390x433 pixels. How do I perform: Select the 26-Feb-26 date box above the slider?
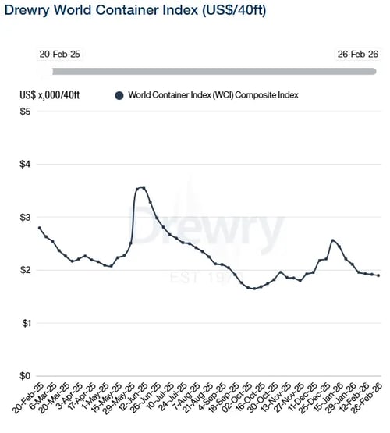358,55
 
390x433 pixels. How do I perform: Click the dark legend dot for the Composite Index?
119,95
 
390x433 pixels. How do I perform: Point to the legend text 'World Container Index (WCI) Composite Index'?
214,95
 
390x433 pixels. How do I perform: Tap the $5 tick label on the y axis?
25,112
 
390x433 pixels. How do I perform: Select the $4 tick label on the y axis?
25,165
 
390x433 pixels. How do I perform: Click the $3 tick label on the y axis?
25,217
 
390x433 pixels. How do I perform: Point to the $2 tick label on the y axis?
25,270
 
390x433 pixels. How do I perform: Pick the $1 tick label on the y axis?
25,323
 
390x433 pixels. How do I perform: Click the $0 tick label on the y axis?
25,375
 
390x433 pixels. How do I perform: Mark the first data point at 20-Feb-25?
40,228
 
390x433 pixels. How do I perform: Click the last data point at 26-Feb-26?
378,275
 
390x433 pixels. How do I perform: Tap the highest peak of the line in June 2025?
141,187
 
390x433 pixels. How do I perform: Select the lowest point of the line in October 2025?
253,289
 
